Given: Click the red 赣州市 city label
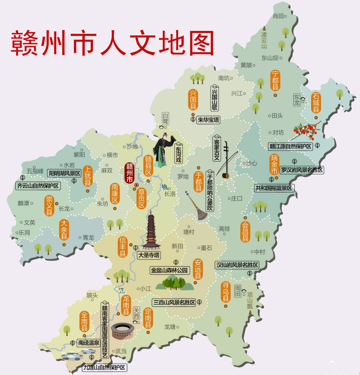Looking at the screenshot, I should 130,173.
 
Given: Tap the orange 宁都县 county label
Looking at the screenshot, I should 275,80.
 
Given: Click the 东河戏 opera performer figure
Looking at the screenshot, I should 163,150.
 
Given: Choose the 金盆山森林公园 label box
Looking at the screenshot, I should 170,270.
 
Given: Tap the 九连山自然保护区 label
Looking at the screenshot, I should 105,367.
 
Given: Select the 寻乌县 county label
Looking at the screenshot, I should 226,292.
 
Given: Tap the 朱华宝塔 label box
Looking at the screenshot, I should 208,120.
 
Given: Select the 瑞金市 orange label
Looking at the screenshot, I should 275,165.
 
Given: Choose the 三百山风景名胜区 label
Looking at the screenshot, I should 174,302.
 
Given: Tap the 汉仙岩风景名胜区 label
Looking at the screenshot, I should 237,265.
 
